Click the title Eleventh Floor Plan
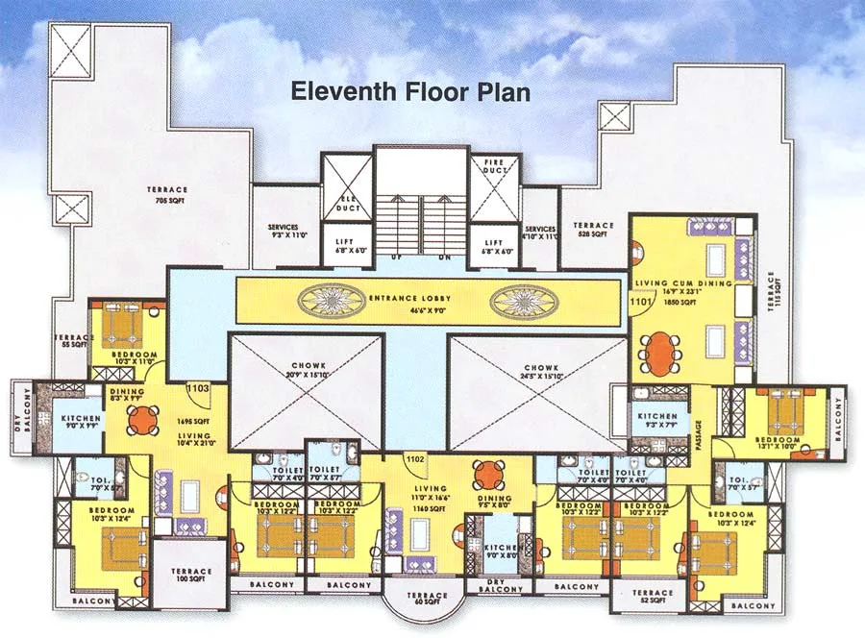click(x=410, y=93)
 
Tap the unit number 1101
click(x=641, y=302)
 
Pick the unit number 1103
click(x=199, y=388)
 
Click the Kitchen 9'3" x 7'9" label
click(x=656, y=420)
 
